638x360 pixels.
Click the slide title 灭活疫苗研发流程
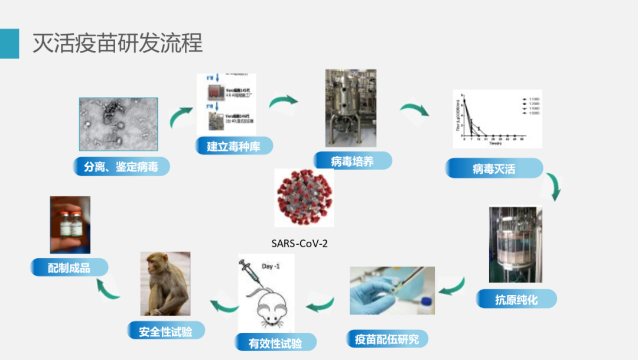pyautogui.click(x=117, y=43)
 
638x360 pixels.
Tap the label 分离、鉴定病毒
pyautogui.click(x=122, y=167)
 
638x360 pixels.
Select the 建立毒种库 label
pyautogui.click(x=235, y=146)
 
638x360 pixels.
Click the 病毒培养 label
pyautogui.click(x=353, y=161)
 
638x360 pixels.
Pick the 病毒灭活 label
pyautogui.click(x=494, y=168)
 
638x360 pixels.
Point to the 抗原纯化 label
pyautogui.click(x=516, y=299)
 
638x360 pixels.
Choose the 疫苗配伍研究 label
pyautogui.click(x=387, y=339)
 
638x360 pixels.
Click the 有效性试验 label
pyautogui.click(x=275, y=343)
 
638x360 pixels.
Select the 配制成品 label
pyautogui.click(x=69, y=267)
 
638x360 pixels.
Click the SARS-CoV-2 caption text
pyautogui.click(x=300, y=242)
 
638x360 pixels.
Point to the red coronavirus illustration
pyautogui.click(x=304, y=197)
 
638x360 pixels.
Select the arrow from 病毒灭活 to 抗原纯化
pyautogui.click(x=554, y=186)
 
